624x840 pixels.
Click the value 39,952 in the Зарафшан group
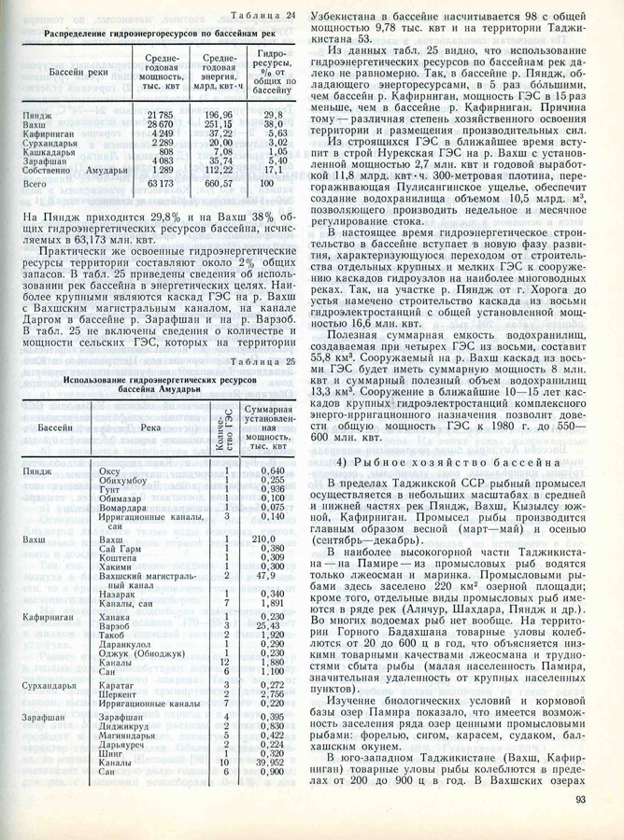tap(266, 762)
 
